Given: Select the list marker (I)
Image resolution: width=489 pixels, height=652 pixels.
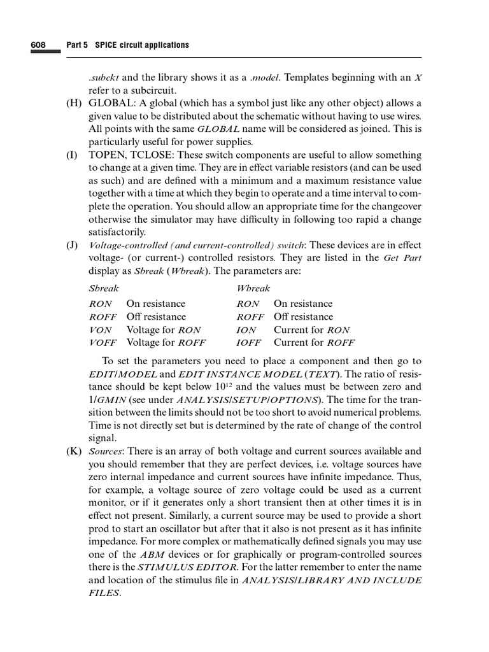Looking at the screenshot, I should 74,155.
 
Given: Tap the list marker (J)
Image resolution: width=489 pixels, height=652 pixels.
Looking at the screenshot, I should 74,245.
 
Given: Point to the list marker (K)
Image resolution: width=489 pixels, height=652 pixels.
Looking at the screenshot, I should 74,451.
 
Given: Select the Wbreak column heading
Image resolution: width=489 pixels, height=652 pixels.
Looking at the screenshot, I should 253,288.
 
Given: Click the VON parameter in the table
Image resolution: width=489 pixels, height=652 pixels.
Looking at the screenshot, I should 101,330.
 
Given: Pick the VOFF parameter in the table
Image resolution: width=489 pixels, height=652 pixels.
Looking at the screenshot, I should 103,343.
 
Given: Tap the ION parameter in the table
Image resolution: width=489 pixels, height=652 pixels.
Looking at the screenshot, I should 246,330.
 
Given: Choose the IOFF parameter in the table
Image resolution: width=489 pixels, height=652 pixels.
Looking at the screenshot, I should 249,343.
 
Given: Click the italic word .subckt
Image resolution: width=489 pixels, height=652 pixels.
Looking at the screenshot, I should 103,78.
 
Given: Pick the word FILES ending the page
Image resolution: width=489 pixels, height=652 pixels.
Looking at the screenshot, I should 104,593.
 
